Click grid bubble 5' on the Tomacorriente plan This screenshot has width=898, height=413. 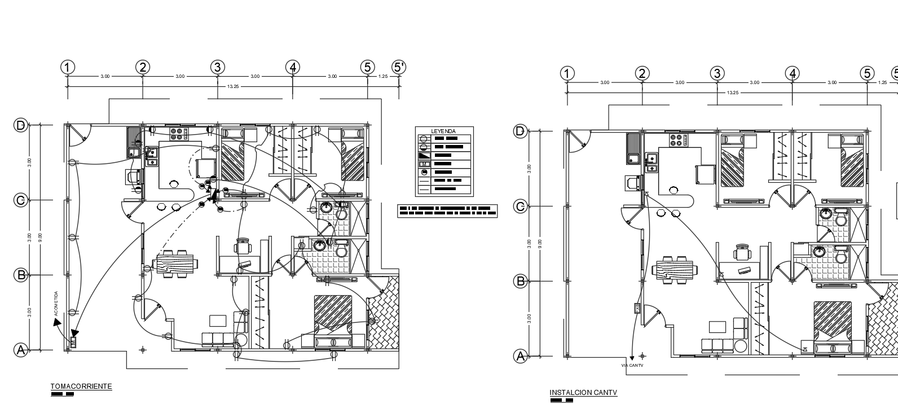[x=399, y=67]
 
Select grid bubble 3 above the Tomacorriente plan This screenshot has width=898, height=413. [x=218, y=67]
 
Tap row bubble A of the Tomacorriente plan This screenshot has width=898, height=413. [x=21, y=350]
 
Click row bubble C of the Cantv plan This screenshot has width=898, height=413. [x=521, y=206]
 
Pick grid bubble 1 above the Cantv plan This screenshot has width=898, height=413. [x=567, y=73]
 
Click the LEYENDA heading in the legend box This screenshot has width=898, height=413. [x=443, y=131]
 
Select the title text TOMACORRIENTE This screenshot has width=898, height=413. [x=81, y=386]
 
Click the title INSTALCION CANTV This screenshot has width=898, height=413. [x=583, y=393]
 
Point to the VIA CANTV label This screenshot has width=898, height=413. [x=632, y=366]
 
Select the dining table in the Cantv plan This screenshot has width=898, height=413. [x=675, y=269]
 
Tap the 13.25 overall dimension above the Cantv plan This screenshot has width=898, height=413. [x=732, y=93]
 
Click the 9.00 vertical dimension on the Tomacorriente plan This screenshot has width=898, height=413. [x=39, y=237]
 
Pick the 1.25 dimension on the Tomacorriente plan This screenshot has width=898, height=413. [x=384, y=76]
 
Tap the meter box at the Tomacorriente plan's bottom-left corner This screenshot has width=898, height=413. [x=73, y=342]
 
